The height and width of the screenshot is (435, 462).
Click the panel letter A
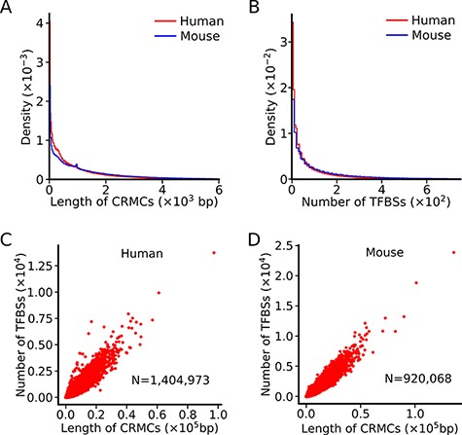click(x=7, y=8)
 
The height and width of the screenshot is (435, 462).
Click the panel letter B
click(x=240, y=8)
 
